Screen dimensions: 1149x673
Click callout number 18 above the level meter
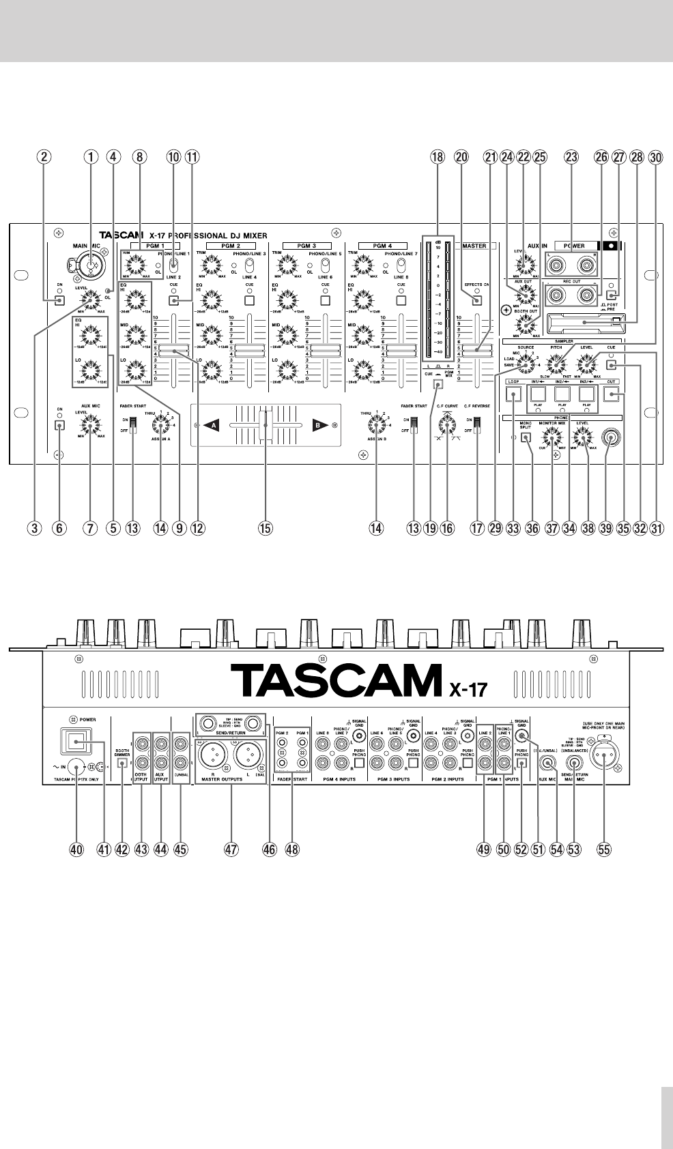pyautogui.click(x=438, y=157)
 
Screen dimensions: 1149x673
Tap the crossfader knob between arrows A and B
pyautogui.click(x=268, y=424)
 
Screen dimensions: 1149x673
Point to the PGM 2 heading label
pyautogui.click(x=231, y=246)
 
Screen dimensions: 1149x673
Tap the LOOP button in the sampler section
pyautogui.click(x=515, y=393)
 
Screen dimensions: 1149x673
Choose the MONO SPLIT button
pyautogui.click(x=526, y=439)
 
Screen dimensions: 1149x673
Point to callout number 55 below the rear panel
pyautogui.click(x=604, y=849)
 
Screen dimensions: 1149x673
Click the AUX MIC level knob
pyautogui.click(x=89, y=427)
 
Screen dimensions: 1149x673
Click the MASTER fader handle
pyautogui.click(x=475, y=349)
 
